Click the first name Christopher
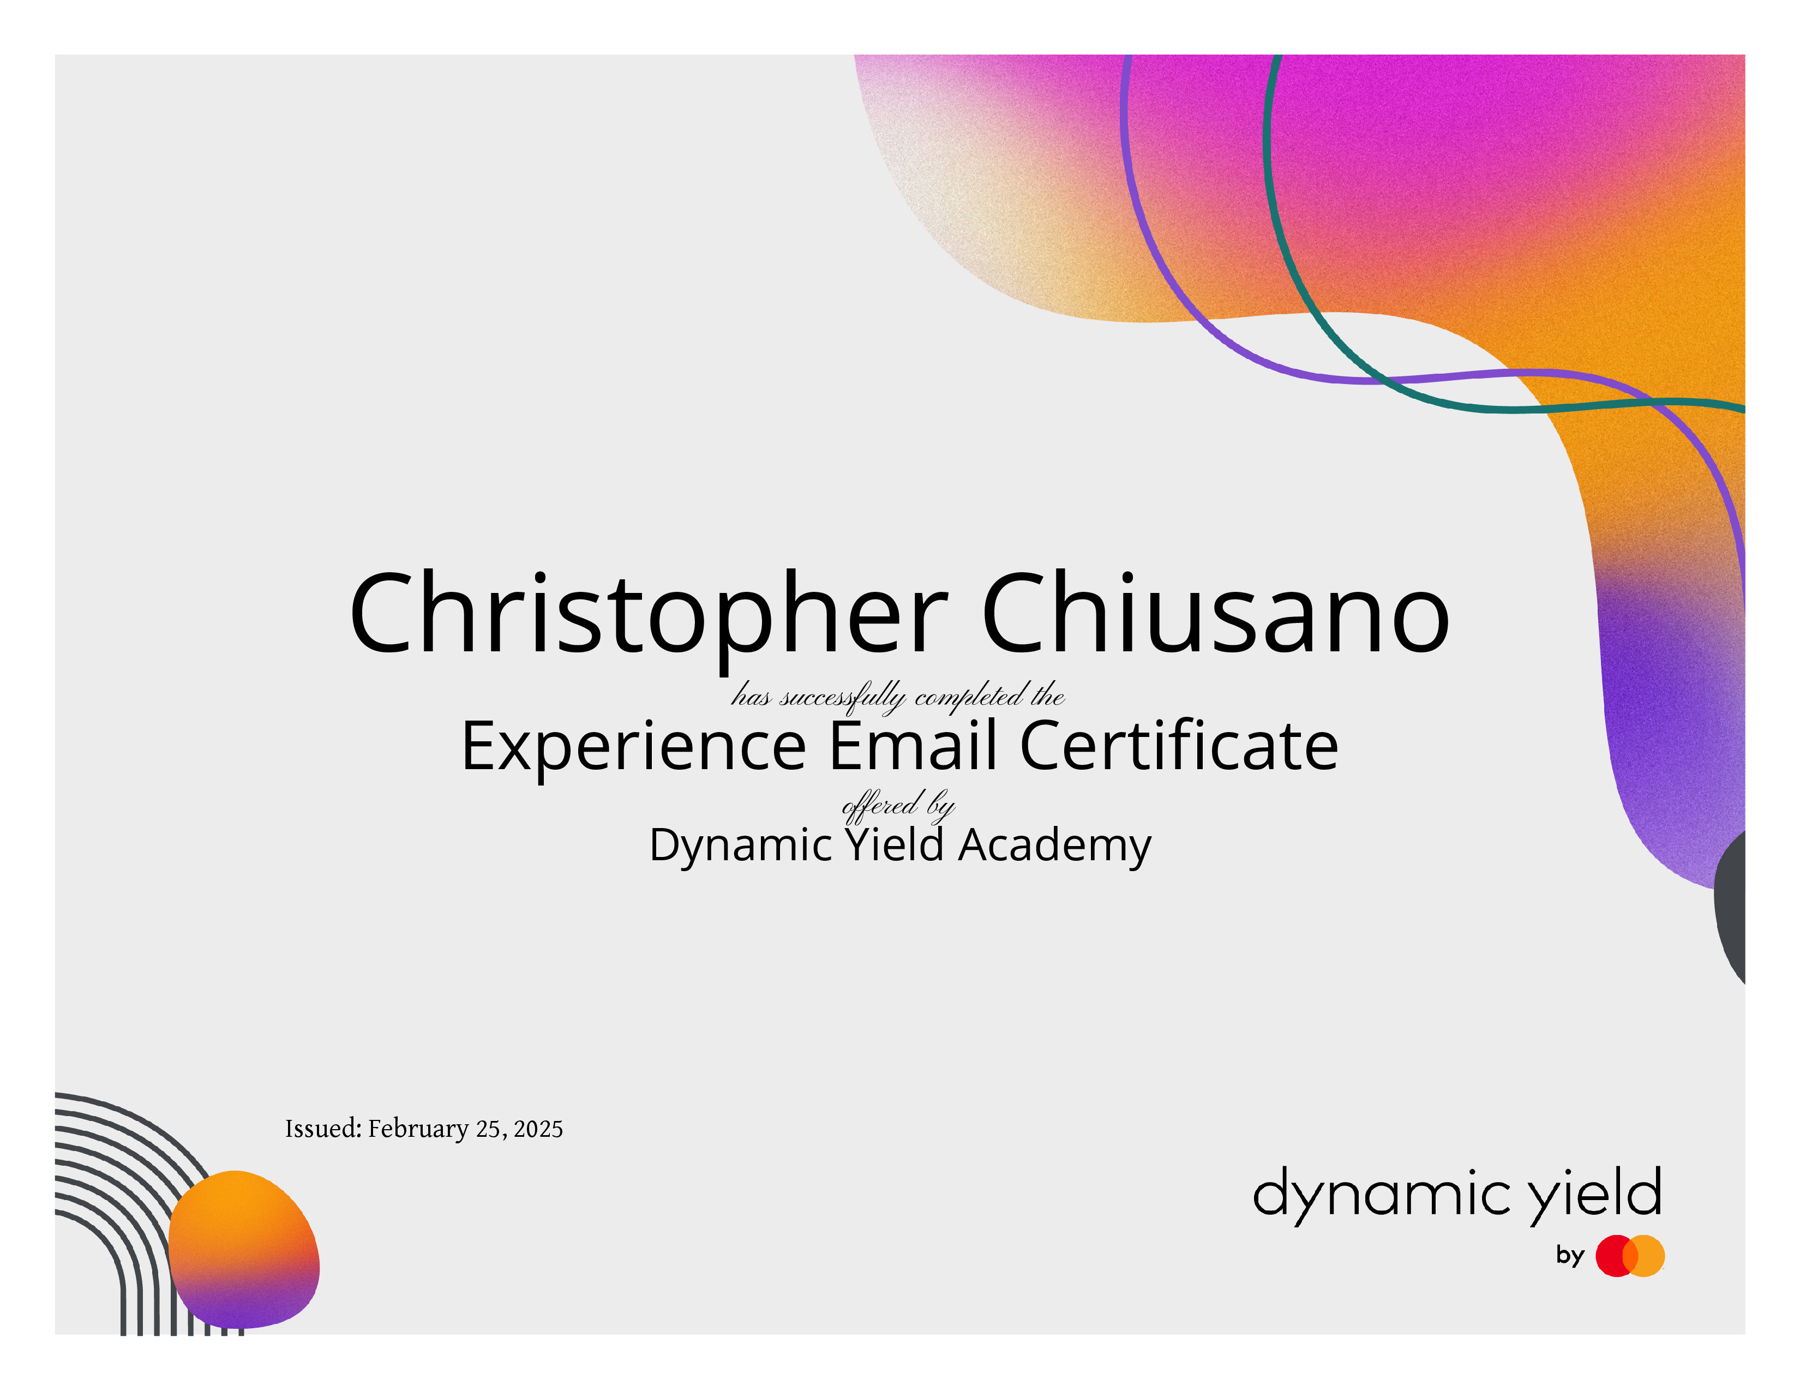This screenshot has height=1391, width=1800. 649,617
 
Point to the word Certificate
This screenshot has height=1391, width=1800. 1179,744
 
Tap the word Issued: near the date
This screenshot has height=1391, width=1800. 323,1128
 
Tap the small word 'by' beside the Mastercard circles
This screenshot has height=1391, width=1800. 1570,1256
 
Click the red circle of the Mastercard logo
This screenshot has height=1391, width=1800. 1616,1256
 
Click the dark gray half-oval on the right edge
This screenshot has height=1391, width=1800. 1731,907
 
